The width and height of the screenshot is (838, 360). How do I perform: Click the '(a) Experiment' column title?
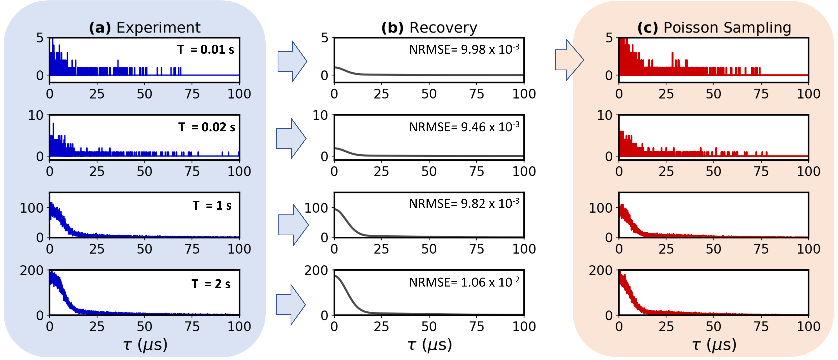(x=145, y=28)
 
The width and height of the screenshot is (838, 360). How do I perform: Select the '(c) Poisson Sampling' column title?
(x=714, y=28)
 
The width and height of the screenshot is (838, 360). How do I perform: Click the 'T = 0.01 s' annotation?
(x=206, y=50)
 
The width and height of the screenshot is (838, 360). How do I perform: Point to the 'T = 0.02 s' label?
(x=207, y=127)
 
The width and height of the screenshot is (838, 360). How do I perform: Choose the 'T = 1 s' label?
(x=212, y=205)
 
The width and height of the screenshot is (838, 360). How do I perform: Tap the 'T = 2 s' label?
(x=211, y=284)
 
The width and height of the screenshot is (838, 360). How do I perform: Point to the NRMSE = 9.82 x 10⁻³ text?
(x=464, y=203)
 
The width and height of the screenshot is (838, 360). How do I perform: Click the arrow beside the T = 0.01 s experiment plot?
(x=292, y=61)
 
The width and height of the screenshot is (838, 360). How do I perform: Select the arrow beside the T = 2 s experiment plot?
(x=291, y=305)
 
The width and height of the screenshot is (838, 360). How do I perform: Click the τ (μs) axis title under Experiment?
(x=145, y=345)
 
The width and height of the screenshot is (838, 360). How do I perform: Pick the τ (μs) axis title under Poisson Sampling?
(x=714, y=345)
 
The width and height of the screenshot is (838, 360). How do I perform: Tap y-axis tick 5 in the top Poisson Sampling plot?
(x=609, y=38)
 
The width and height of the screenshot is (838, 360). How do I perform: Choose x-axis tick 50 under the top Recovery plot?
(x=429, y=94)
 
